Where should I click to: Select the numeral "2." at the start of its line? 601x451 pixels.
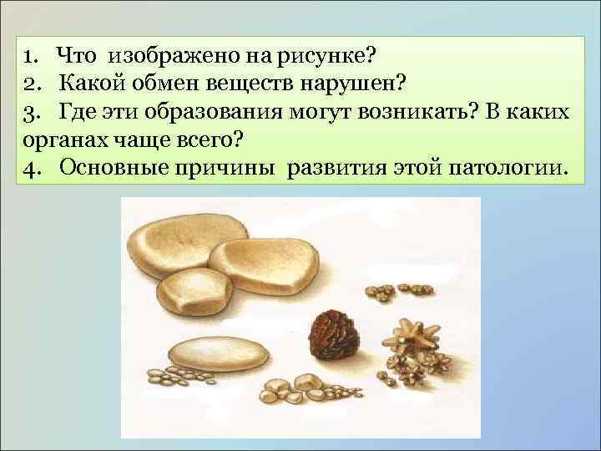coord(35,84)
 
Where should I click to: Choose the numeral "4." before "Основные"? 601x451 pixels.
coord(35,167)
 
